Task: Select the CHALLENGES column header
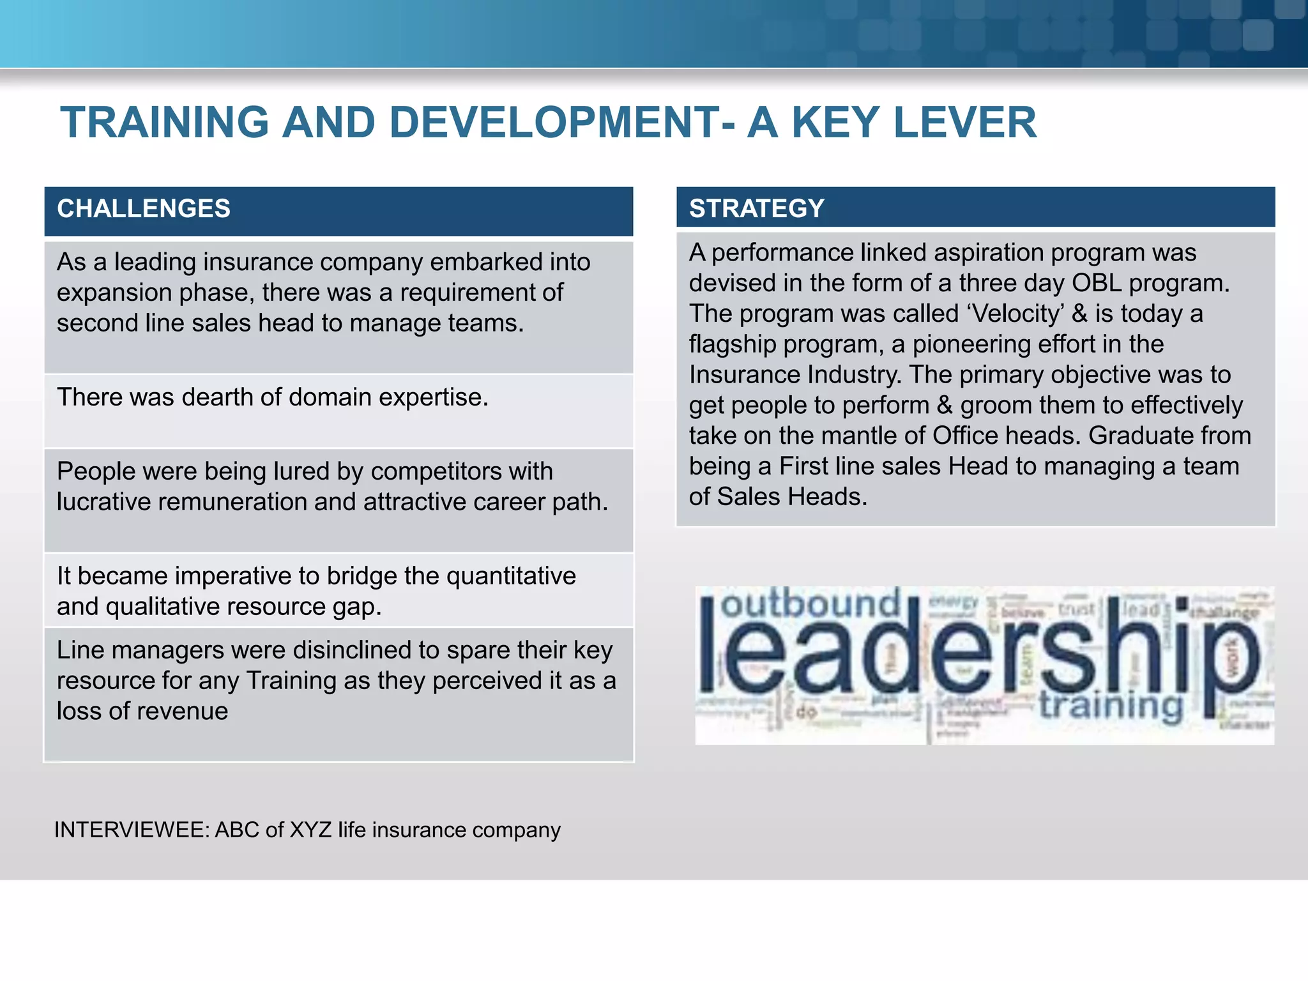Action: click(144, 209)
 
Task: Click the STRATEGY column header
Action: click(757, 209)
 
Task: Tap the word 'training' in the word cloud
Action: click(1111, 706)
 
